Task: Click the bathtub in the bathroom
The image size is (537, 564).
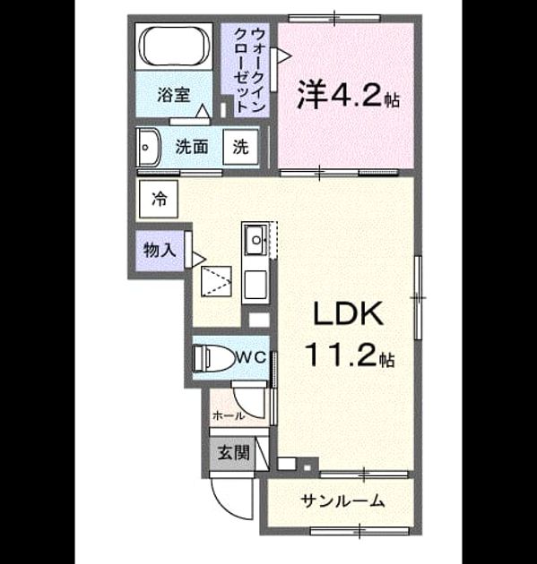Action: [174, 46]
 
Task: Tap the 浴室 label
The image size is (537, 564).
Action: [174, 95]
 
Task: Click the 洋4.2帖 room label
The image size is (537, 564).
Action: [348, 94]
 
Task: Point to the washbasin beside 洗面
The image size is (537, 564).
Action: [149, 148]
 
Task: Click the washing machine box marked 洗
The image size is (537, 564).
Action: [240, 147]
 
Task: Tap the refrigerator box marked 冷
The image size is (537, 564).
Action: [159, 199]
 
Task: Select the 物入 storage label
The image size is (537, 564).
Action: [160, 250]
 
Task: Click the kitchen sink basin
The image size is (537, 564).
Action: [256, 240]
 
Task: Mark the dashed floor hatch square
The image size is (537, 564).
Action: [216, 282]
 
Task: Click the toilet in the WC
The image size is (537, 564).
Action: [212, 358]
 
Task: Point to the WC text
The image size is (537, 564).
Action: [251, 357]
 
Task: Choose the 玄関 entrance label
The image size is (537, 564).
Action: [234, 452]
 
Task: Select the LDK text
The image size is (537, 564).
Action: [348, 313]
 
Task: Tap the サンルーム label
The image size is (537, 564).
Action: [342, 500]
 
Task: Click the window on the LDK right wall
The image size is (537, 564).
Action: [418, 297]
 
